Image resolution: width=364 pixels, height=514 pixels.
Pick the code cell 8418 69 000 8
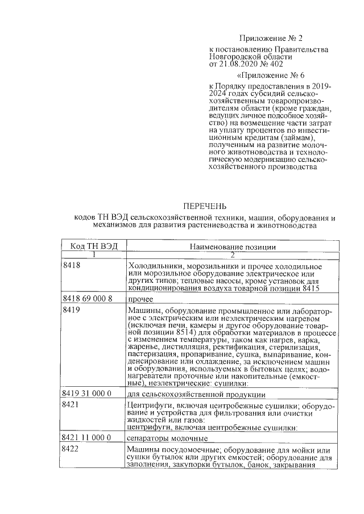87,298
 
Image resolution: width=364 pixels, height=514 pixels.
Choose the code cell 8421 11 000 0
87,438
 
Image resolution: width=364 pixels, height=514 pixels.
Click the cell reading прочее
140,299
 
